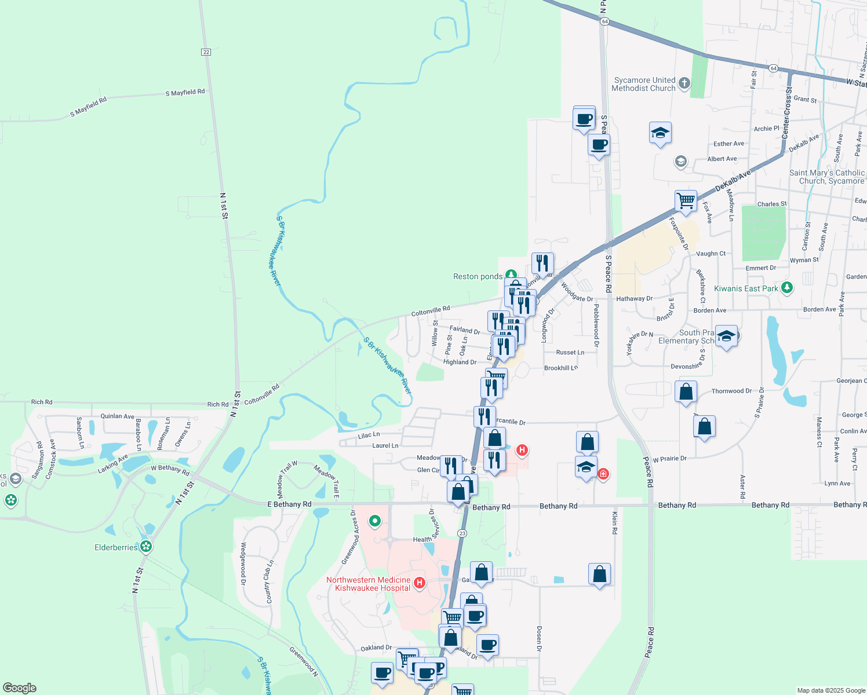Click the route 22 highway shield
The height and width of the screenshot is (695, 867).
click(206, 52)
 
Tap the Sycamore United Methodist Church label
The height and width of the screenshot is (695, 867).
click(644, 85)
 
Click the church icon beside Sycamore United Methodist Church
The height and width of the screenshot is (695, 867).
click(684, 83)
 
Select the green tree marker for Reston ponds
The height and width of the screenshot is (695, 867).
click(511, 275)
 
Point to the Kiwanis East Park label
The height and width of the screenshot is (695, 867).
click(746, 288)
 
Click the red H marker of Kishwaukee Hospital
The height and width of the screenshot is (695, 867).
click(420, 583)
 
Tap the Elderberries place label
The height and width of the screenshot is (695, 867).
click(116, 547)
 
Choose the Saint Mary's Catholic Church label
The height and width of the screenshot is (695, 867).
click(826, 177)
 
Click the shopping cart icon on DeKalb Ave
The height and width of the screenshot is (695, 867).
click(686, 200)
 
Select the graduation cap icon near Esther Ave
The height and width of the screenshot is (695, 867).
click(660, 133)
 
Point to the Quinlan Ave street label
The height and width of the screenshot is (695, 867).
click(117, 416)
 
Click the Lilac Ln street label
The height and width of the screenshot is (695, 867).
click(369, 435)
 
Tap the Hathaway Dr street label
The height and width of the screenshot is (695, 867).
click(634, 299)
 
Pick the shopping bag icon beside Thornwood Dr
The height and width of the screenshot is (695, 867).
click(686, 392)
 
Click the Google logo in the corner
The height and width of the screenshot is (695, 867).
click(20, 687)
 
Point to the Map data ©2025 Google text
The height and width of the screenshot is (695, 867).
click(831, 690)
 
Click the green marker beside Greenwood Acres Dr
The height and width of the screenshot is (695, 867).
click(375, 521)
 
